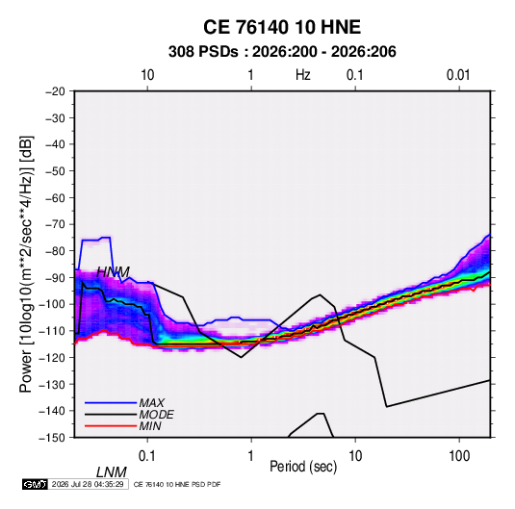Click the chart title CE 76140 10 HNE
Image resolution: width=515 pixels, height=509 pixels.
[x=282, y=27]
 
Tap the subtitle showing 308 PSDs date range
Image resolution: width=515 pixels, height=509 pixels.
[x=282, y=52]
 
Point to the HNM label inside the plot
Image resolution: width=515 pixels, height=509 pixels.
[x=113, y=272]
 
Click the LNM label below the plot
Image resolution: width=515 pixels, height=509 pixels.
[x=111, y=472]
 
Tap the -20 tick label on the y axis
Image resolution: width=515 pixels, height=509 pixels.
[x=55, y=91]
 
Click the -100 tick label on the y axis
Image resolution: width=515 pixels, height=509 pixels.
[x=52, y=304]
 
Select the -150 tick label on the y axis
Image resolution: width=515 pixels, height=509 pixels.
[x=52, y=438]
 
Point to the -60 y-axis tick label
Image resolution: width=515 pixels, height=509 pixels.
[x=55, y=197]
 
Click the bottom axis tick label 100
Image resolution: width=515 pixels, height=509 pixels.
[x=459, y=456]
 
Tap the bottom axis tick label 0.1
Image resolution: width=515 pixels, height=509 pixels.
[x=147, y=456]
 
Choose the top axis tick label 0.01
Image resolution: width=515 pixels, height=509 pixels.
[x=458, y=75]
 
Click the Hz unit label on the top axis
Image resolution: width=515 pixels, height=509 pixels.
[x=303, y=75]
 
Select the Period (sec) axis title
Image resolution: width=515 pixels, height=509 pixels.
[x=303, y=467]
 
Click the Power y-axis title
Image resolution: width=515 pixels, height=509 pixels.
[x=26, y=264]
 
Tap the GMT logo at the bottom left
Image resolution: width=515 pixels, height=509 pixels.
[x=35, y=484]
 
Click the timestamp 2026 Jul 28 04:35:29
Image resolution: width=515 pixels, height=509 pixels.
[x=88, y=484]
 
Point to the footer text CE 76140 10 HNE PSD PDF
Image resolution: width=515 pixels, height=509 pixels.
[x=177, y=484]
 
